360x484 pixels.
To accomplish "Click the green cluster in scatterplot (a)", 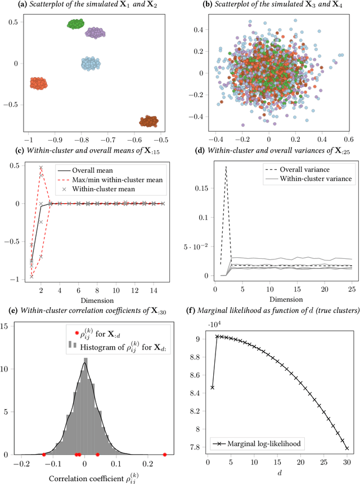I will pyautogui.click(x=75, y=24).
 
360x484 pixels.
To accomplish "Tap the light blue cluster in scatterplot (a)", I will pyautogui.click(x=91, y=63).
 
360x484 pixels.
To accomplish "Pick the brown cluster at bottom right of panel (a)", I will pyautogui.click(x=149, y=121).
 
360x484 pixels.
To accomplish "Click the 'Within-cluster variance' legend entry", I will pyautogui.click(x=311, y=178).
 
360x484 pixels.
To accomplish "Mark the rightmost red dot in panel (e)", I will pyautogui.click(x=164, y=454).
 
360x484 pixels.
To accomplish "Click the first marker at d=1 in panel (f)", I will pyautogui.click(x=211, y=387).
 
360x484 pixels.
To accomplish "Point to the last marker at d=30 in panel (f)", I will pyautogui.click(x=347, y=449).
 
